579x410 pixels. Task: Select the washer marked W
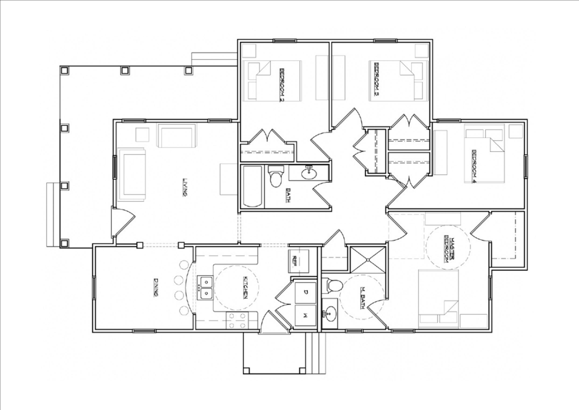pos(306,316)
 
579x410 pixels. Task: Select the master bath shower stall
pos(368,260)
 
